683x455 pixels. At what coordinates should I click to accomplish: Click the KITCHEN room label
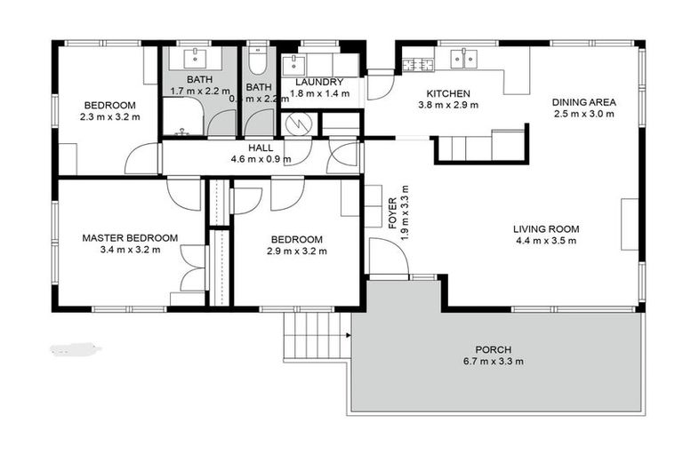[x=448, y=93]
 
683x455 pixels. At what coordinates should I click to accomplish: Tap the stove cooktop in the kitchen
[x=418, y=64]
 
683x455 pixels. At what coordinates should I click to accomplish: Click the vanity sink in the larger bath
[x=195, y=59]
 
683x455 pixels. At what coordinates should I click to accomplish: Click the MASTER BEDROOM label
[x=130, y=238]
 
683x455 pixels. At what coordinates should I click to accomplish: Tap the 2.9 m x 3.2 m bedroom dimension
[x=296, y=251]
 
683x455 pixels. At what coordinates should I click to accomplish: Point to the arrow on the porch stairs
[x=347, y=335]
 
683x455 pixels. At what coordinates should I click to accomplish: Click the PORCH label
[x=493, y=349]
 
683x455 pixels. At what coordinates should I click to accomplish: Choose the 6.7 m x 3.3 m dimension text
[x=493, y=362]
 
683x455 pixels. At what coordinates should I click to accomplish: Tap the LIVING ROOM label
[x=546, y=228]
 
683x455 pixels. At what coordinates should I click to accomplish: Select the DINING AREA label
[x=583, y=102]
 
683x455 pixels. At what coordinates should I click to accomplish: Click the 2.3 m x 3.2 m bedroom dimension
[x=109, y=116]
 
